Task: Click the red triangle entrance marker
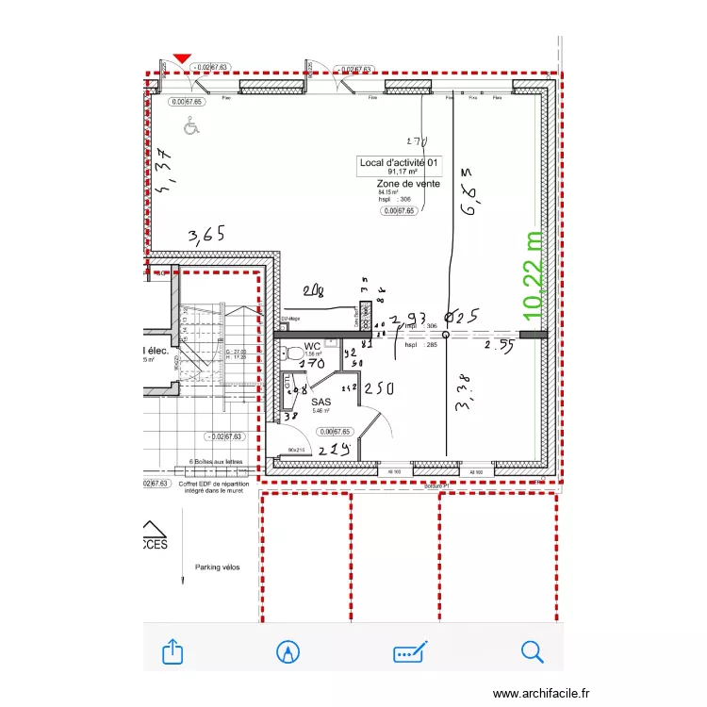coord(182,58)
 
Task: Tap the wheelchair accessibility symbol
coord(192,123)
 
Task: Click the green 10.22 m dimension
coord(534,274)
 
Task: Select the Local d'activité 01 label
coord(401,163)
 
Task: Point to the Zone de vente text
coord(408,184)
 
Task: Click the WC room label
coord(313,347)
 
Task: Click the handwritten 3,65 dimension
coord(206,235)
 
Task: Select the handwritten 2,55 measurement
coord(500,346)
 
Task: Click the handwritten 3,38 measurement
coord(462,391)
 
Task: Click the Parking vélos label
coord(218,567)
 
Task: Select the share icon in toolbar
coord(173,651)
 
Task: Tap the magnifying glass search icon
coord(533,651)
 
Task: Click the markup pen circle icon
coord(288,651)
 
